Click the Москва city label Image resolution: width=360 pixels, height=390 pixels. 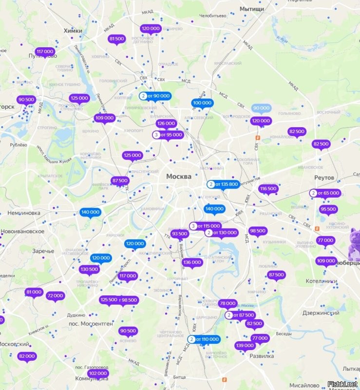(x=179, y=176)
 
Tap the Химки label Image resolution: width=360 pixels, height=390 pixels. (x=73, y=31)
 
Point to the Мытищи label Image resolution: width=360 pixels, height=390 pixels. (x=252, y=9)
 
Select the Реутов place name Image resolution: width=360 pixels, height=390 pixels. (x=324, y=177)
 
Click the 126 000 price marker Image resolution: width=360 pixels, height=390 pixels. (x=166, y=124)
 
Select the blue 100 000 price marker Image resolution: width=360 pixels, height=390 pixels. (x=202, y=103)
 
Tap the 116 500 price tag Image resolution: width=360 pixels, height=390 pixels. (x=268, y=189)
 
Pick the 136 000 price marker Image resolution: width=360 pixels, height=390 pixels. (x=192, y=262)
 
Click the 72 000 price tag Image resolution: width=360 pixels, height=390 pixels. (x=55, y=295)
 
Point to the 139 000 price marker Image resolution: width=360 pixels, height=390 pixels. (x=245, y=346)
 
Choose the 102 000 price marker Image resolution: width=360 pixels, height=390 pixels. (x=98, y=373)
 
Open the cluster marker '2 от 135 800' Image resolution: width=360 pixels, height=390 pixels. (x=223, y=184)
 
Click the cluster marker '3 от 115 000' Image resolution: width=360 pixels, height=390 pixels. (x=205, y=226)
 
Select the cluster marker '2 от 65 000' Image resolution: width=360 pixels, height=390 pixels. (x=324, y=193)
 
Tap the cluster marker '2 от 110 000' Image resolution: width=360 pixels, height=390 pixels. (x=204, y=339)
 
